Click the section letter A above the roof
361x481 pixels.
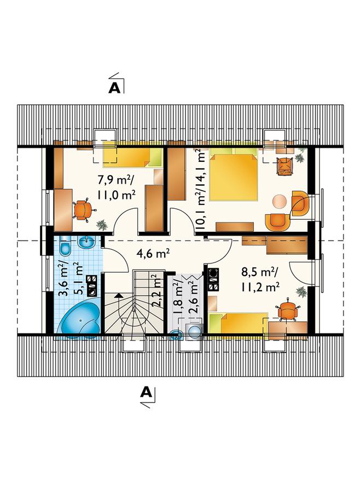click(115, 88)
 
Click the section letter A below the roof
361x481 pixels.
click(146, 392)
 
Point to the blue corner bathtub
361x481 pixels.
click(80, 320)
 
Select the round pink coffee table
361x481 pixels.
click(280, 202)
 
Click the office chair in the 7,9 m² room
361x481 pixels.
click(82, 209)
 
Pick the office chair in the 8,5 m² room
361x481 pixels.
click(288, 310)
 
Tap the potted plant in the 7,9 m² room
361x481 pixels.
click(102, 225)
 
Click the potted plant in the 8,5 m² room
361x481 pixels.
click(301, 292)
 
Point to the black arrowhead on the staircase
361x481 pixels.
click(118, 296)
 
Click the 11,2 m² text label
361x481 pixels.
click(260, 288)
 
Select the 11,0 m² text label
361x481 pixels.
click(117, 195)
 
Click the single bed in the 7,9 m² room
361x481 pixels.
click(132, 155)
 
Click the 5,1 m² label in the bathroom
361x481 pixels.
click(78, 278)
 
